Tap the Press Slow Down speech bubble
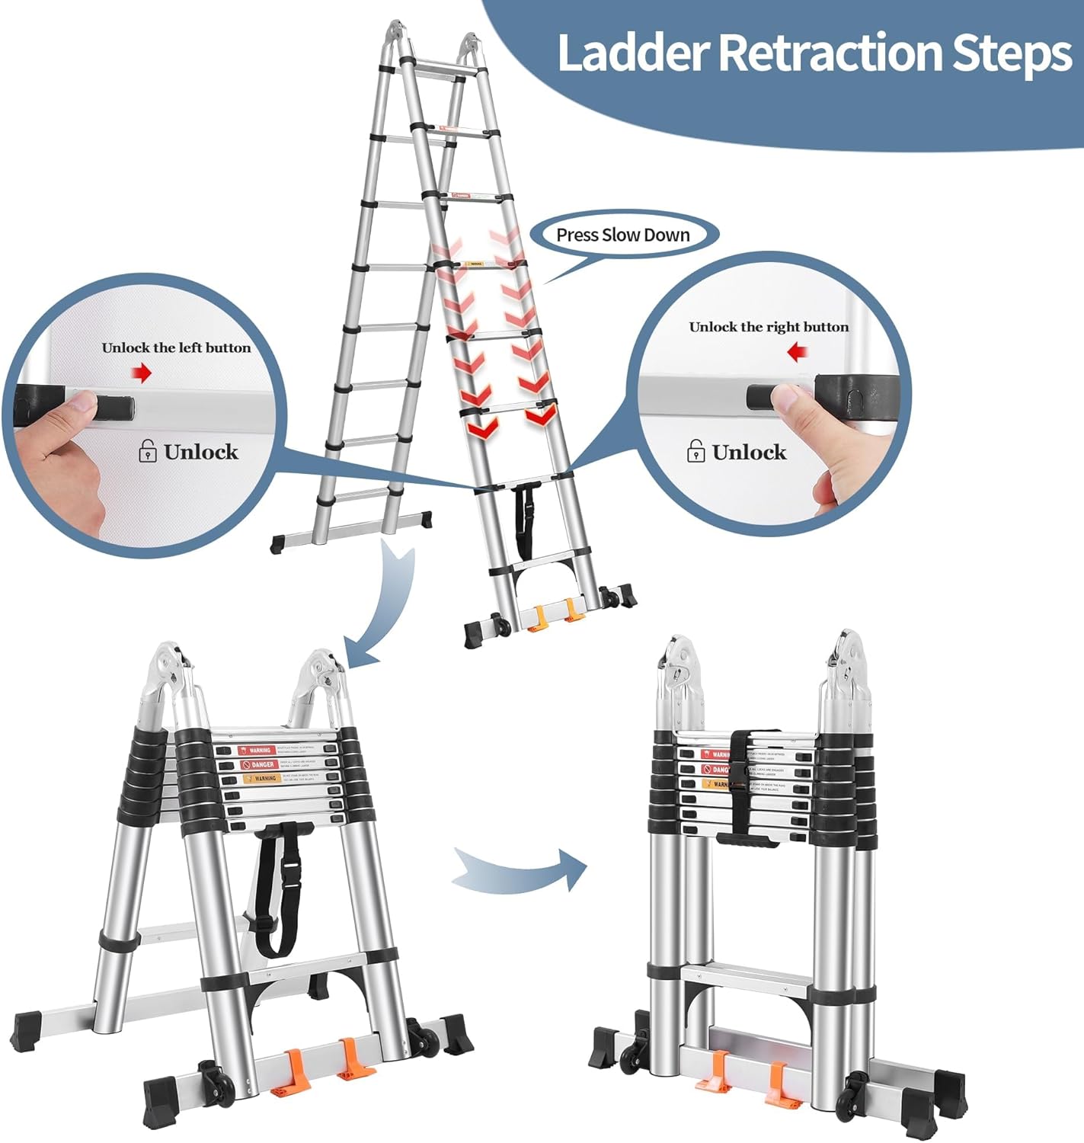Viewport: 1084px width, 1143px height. point(622,235)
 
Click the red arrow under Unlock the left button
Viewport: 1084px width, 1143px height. point(142,373)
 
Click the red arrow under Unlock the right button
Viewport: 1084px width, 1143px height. point(797,352)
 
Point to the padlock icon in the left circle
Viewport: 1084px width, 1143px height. point(148,451)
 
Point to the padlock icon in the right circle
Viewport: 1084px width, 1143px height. point(695,451)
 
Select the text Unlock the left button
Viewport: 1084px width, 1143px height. point(176,347)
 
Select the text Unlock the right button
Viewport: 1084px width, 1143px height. point(769,327)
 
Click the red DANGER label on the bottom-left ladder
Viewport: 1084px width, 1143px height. point(259,764)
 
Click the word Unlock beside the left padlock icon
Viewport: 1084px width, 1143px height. point(201,452)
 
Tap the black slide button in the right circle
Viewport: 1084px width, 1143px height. point(762,395)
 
